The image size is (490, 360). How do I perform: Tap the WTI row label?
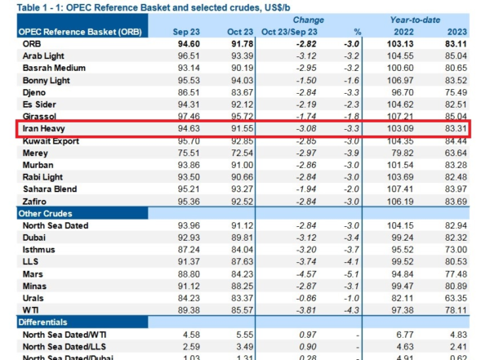(31, 311)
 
